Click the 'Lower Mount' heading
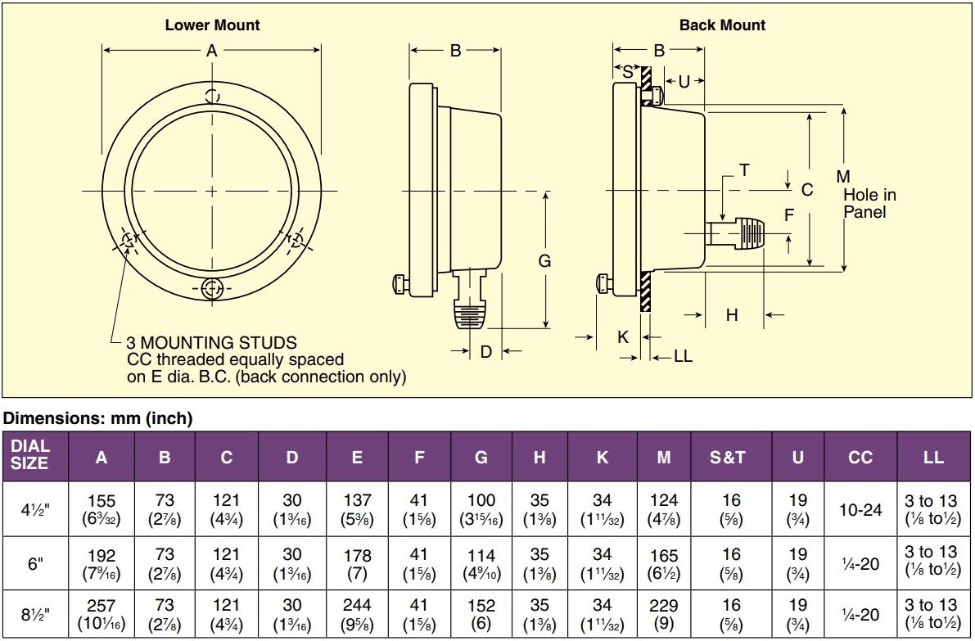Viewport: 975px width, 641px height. pos(212,25)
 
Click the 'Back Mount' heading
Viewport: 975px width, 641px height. pos(722,25)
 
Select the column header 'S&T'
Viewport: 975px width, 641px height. pos(728,457)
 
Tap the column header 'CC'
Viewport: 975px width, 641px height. pos(860,457)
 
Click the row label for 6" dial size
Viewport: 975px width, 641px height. pos(34,563)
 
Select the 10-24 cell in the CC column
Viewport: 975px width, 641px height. pos(860,509)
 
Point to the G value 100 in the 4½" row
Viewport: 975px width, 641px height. pos(481,500)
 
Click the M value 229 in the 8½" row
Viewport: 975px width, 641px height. pos(663,607)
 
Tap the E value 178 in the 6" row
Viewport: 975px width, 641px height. pos(357,555)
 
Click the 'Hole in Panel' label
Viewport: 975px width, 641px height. pos(869,203)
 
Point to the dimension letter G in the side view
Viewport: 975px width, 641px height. pos(544,261)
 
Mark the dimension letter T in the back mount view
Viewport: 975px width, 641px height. pos(744,170)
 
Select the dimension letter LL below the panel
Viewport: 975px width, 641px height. pos(683,356)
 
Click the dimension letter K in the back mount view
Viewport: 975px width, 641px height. pos(623,336)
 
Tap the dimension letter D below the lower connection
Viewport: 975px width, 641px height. pos(485,352)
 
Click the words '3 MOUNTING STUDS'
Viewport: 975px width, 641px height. pos(211,343)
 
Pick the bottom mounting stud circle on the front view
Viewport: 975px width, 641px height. pos(211,288)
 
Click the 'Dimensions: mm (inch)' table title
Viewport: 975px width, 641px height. pos(97,418)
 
